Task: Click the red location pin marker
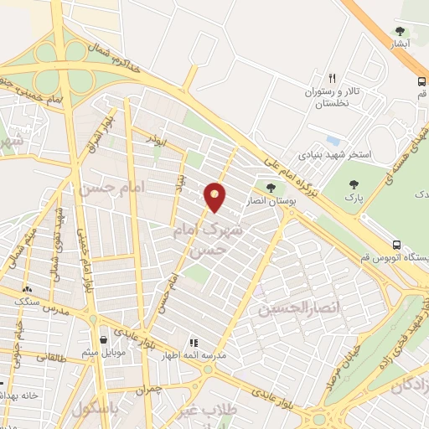(x=215, y=196)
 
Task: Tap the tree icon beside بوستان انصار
(x=270, y=188)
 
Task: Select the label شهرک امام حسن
(x=209, y=235)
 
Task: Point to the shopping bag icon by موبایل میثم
(x=102, y=340)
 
